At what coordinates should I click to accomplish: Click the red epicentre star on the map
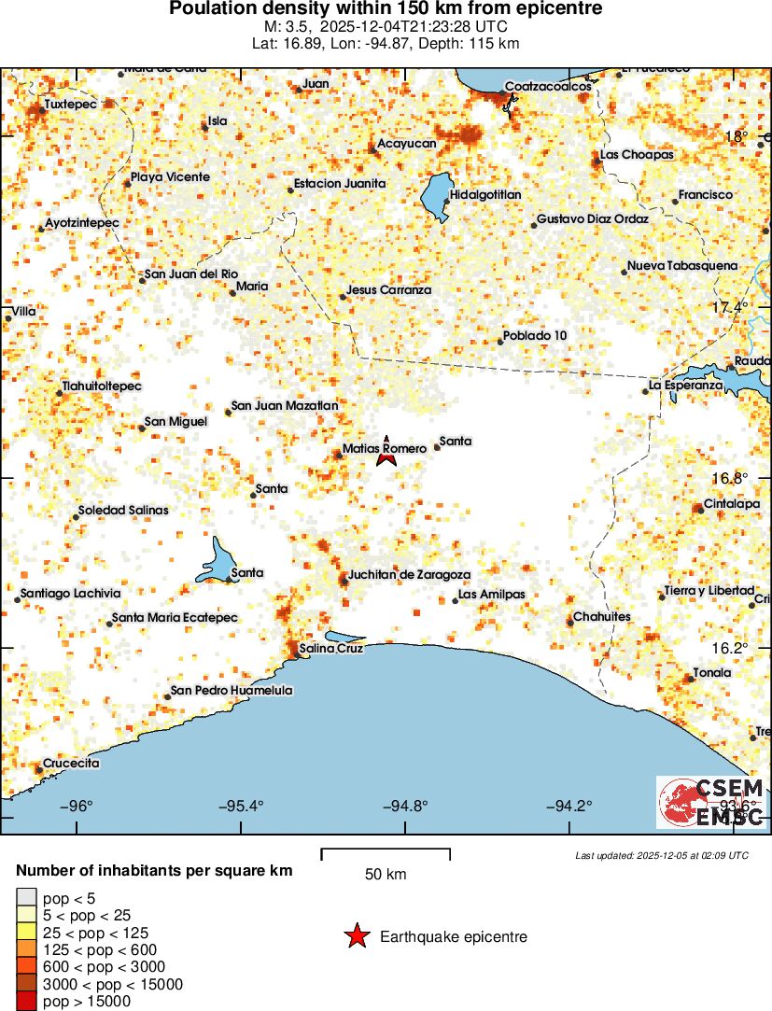click(386, 456)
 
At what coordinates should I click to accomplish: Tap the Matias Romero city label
click(385, 449)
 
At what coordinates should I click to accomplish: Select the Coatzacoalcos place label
click(548, 87)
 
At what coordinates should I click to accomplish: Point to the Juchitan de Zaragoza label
click(409, 575)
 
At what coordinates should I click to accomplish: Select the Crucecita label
click(72, 763)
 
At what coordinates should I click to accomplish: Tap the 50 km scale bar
click(386, 851)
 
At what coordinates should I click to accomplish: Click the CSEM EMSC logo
click(711, 802)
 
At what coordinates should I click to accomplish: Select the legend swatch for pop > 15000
click(26, 1001)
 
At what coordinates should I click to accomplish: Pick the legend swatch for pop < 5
click(26, 899)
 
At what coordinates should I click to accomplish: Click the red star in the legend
click(357, 936)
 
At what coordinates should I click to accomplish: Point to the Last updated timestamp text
click(662, 855)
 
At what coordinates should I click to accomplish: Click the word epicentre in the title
click(560, 9)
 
